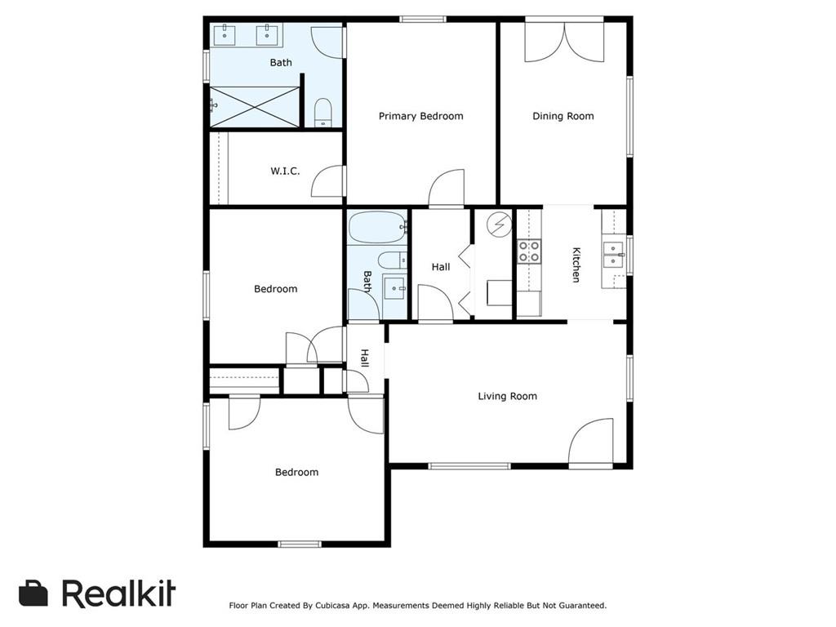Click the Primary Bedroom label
tap(420, 116)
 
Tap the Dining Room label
tap(563, 116)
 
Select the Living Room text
tap(507, 396)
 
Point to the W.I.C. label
tap(285, 171)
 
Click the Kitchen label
tap(576, 265)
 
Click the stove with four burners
tap(529, 251)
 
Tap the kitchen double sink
tap(613, 255)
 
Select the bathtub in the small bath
tap(377, 228)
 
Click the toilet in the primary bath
tap(322, 113)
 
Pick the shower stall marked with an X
tap(255, 107)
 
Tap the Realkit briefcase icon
tap(33, 593)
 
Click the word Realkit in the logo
tap(118, 593)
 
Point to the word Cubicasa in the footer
tap(333, 606)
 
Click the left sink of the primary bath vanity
tap(225, 34)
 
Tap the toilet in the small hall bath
tap(393, 260)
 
